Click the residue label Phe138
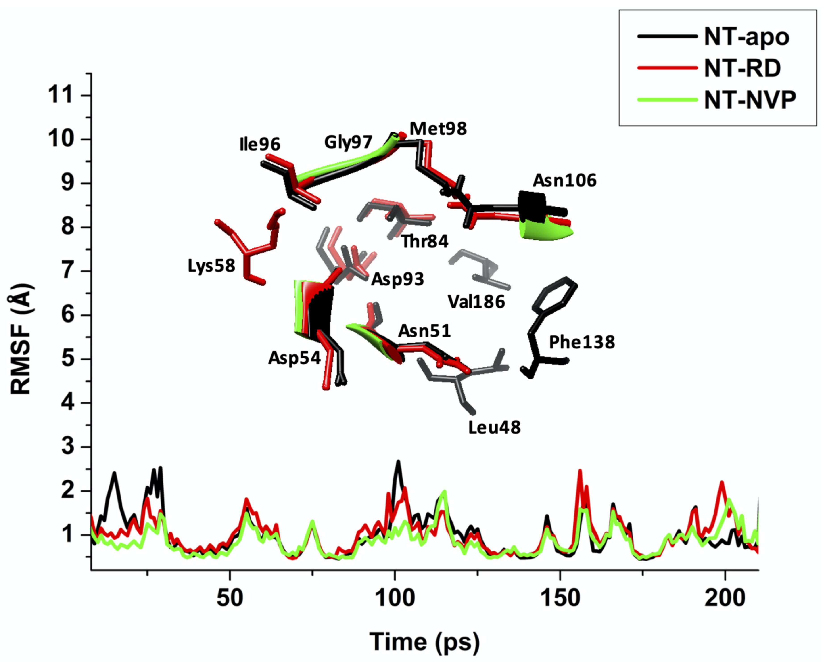[x=581, y=342]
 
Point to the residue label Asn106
[x=564, y=180]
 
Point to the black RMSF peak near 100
[x=398, y=463]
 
